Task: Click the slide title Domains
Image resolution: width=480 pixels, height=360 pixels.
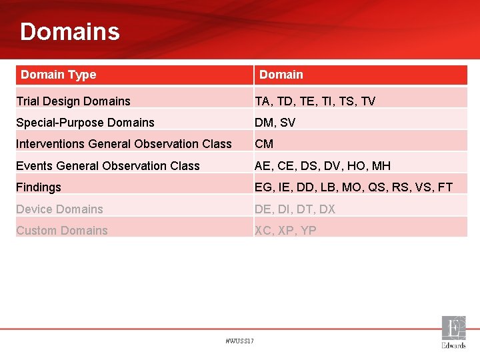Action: coord(70,31)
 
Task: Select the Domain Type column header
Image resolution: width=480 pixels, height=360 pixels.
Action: coord(59,75)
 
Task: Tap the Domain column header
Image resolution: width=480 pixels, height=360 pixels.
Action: coord(281,75)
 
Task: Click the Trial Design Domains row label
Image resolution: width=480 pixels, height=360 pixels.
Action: coord(73,101)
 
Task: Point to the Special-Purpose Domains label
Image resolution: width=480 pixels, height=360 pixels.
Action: coord(85,123)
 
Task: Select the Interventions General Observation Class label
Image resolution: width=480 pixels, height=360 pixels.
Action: coord(124,144)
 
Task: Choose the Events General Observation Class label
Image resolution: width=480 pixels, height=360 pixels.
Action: coord(108,166)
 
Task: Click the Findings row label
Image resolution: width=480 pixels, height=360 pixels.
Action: coord(39,187)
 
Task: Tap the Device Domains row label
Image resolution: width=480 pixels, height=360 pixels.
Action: coord(60,209)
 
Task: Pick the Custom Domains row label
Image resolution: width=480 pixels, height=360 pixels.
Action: coord(62,231)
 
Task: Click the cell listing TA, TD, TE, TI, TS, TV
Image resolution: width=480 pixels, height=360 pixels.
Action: coord(315,101)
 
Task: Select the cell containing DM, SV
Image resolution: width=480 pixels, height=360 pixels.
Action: coord(275,123)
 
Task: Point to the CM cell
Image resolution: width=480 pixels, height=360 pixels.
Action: coord(264,144)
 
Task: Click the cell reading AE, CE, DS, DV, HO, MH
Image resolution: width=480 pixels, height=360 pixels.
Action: coord(323,166)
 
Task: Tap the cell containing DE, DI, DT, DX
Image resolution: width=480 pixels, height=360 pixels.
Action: coord(295,209)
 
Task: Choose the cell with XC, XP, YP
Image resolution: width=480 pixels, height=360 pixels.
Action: coord(285,231)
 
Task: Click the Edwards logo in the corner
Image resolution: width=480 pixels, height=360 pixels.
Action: coord(453,332)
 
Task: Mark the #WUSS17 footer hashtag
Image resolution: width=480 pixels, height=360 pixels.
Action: coord(240,341)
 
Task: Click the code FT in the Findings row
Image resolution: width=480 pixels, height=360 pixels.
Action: coord(445,187)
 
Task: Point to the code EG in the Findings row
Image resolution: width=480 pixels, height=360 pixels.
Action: coord(263,187)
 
